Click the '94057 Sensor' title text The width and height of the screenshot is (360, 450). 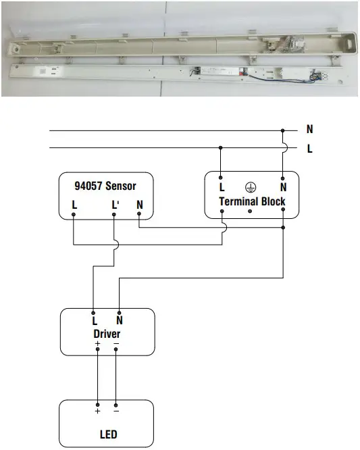(x=105, y=186)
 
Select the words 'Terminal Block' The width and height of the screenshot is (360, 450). (x=252, y=201)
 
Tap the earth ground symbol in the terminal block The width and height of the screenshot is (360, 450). (x=251, y=187)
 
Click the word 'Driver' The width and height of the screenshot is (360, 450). (x=107, y=334)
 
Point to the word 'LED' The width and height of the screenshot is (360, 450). (x=109, y=434)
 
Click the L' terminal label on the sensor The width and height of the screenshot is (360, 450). (x=115, y=205)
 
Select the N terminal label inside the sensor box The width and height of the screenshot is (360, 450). (x=140, y=205)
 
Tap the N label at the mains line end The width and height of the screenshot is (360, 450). (x=310, y=129)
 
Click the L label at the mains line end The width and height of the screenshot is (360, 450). (x=310, y=149)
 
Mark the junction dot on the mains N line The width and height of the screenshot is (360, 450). (x=282, y=130)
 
